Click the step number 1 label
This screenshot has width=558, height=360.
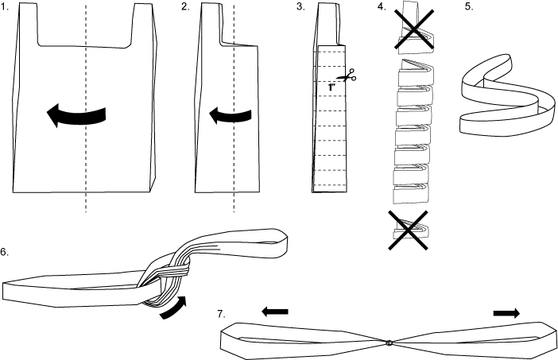tap(5, 7)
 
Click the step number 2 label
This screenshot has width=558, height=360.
tap(185, 7)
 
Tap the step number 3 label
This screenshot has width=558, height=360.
tap(300, 7)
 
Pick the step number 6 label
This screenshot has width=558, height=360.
tap(5, 252)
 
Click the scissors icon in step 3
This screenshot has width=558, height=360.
tap(347, 75)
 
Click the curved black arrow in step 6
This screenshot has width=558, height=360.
tap(176, 310)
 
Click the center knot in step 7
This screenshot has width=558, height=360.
tap(389, 343)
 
